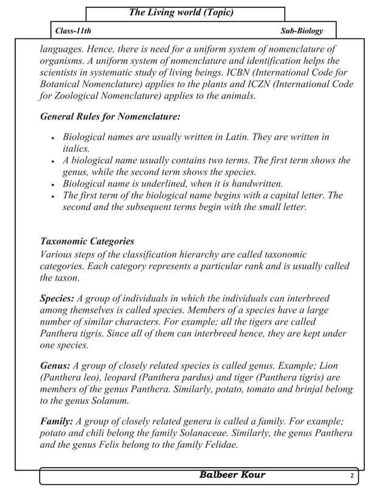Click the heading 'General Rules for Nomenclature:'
109,116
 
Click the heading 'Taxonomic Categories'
87,241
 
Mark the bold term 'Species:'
57,298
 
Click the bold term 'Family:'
57,421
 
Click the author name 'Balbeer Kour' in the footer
232,475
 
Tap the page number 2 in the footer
352,476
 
